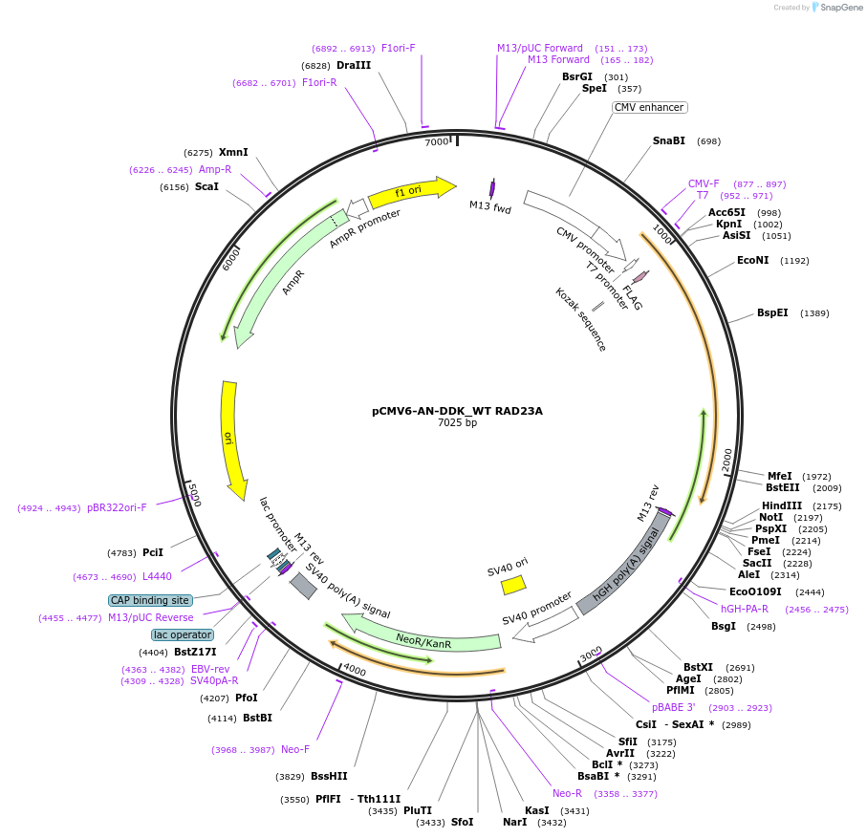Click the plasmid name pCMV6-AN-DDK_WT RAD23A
[x=457, y=411]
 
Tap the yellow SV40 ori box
[x=513, y=584]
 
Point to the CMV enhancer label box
[x=649, y=108]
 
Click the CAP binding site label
[x=150, y=600]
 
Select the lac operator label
[x=182, y=634]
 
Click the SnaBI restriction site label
[x=668, y=140]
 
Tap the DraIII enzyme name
[x=354, y=65]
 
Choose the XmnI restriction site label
[x=233, y=152]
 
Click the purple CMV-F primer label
[x=704, y=183]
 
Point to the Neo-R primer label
[x=567, y=793]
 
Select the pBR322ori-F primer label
[x=117, y=507]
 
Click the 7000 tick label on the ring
[x=436, y=142]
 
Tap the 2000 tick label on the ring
[x=726, y=459]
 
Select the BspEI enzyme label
[x=772, y=312]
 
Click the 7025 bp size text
[x=457, y=422]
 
